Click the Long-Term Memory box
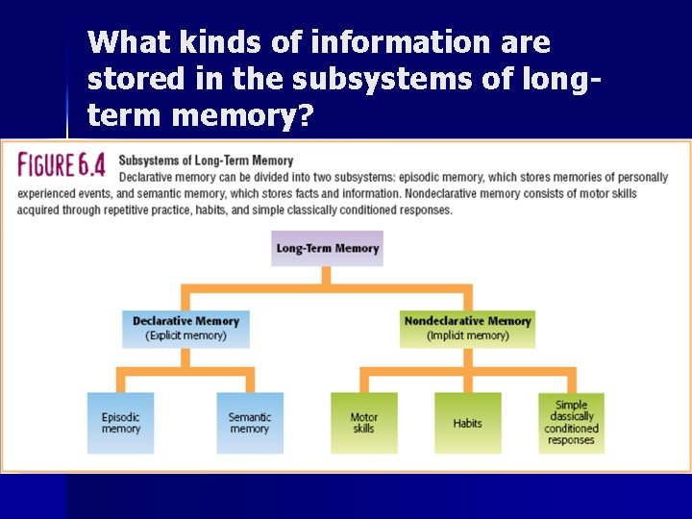click(328, 248)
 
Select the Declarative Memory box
click(185, 328)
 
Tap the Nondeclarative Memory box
click(467, 328)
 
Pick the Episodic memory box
click(120, 423)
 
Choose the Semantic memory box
click(250, 423)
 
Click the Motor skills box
click(363, 423)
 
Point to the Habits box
click(467, 423)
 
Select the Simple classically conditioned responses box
click(571, 423)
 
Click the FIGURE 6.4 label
click(62, 164)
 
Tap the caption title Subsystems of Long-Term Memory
click(206, 161)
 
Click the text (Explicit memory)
click(185, 335)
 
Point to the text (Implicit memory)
click(467, 335)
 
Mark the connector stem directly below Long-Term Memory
click(327, 275)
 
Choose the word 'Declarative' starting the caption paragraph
click(148, 177)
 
